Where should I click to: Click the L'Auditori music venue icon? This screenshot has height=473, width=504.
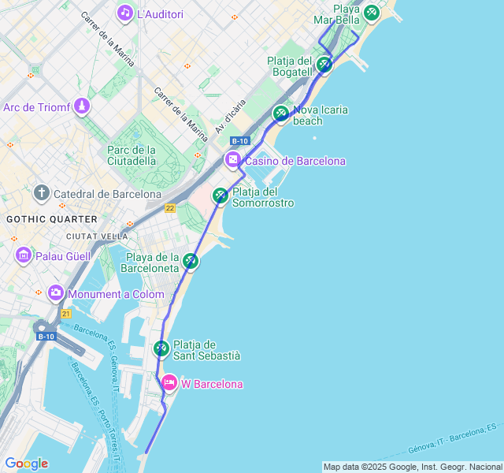click(x=124, y=13)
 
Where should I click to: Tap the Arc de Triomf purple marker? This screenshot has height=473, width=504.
click(x=82, y=106)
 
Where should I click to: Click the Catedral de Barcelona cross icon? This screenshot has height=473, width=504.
click(x=42, y=193)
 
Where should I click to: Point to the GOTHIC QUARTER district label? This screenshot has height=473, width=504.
click(x=52, y=219)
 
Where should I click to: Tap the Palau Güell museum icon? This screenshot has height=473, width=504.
click(x=23, y=255)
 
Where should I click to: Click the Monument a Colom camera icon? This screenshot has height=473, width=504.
click(x=55, y=293)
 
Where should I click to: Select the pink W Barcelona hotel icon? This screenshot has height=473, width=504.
click(x=169, y=384)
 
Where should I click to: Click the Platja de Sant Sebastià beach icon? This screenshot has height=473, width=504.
click(x=161, y=348)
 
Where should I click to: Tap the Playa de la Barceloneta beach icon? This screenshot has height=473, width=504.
click(x=191, y=261)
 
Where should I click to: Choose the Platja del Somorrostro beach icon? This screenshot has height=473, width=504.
click(x=220, y=195)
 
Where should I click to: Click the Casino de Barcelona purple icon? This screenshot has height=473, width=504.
click(x=233, y=160)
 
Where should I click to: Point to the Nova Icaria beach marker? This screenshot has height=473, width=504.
click(x=281, y=114)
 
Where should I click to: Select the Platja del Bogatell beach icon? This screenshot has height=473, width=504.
click(x=324, y=65)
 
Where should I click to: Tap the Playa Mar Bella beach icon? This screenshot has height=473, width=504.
click(x=371, y=13)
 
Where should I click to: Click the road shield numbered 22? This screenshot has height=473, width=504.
click(x=170, y=207)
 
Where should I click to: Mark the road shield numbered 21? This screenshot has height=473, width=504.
click(x=66, y=313)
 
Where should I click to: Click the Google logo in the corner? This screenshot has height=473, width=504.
click(x=26, y=464)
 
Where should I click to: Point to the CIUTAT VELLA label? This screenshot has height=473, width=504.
click(x=97, y=236)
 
